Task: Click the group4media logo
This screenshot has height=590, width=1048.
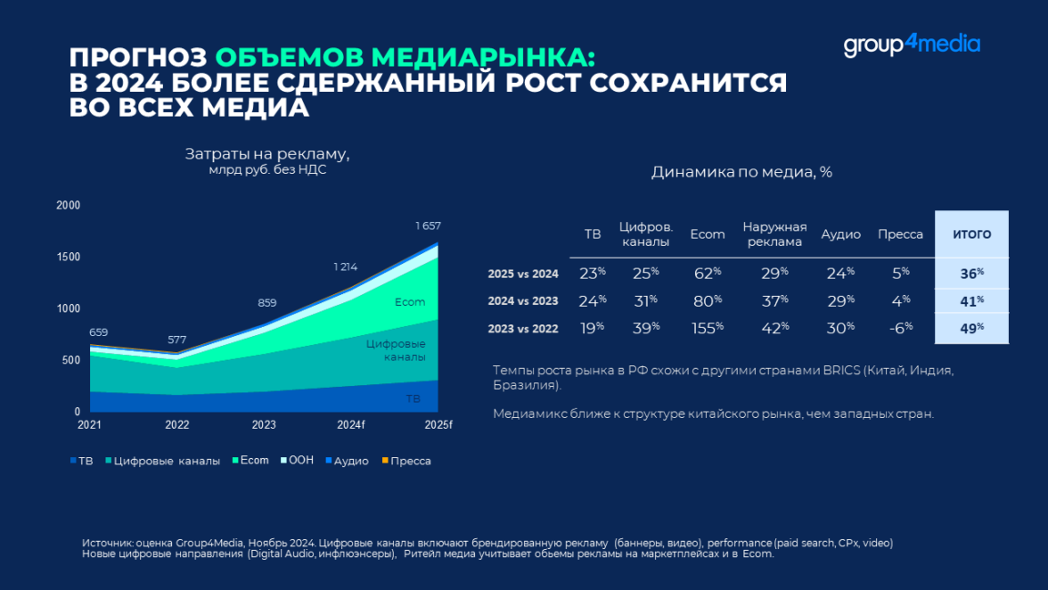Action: pos(912,45)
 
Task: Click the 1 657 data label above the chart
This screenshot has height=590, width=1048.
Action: pos(428,226)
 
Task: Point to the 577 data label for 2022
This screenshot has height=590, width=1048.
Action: pos(177,340)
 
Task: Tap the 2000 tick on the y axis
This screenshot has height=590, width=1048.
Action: pos(69,206)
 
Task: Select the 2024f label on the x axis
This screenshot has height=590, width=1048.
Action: pos(350,425)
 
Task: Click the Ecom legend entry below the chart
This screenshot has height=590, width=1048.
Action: pos(250,461)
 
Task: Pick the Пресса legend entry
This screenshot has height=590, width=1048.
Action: pos(406,461)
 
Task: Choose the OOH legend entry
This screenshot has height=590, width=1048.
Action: pos(297,461)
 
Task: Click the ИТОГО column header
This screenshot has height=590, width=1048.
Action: pos(971,234)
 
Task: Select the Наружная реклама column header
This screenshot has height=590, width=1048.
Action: pos(774,234)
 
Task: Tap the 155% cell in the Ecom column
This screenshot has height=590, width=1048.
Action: pos(708,328)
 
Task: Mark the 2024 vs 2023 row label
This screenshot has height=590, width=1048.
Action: pos(523,301)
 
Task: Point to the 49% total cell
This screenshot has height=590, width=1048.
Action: pos(971,328)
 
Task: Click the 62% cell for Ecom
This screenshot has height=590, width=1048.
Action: pos(708,274)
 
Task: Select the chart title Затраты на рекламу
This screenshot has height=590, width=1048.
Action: pos(267,154)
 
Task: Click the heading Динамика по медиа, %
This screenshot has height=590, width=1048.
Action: pos(741,172)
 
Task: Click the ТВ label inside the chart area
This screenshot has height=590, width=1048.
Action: pos(413,399)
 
